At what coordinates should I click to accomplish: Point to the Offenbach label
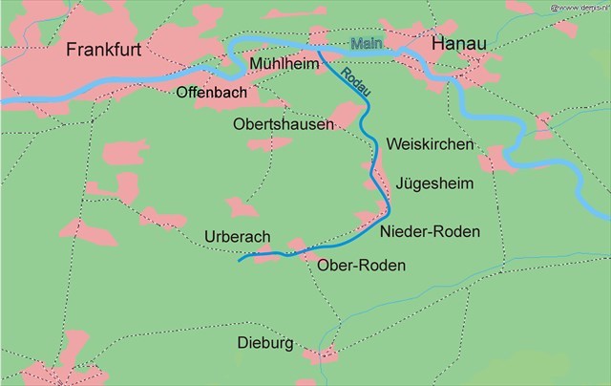[x=212, y=93]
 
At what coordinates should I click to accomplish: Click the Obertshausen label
[x=284, y=124]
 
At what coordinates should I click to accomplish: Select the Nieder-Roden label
[x=430, y=232]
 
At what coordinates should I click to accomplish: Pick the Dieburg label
[x=266, y=342]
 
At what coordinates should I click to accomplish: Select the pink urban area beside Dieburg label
[x=321, y=355]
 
